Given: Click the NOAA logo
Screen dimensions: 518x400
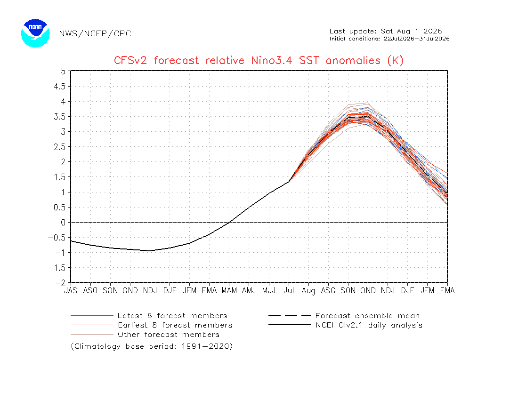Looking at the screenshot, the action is [x=35, y=33].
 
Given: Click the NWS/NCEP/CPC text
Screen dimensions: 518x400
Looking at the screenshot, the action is [x=95, y=34].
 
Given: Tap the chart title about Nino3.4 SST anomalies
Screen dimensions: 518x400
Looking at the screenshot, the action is [x=259, y=61].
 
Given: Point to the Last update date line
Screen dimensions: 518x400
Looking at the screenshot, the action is [x=386, y=32].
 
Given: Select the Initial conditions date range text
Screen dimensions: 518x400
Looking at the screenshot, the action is [x=389, y=39].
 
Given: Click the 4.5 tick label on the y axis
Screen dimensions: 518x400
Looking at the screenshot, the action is [x=59, y=87].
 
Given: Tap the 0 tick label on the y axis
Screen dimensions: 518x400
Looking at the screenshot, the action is [x=63, y=223].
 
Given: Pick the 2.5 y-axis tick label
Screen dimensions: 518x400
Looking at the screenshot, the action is [x=59, y=147].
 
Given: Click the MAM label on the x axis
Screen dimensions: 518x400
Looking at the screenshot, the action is [x=229, y=290].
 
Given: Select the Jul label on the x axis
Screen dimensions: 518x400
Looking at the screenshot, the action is [x=289, y=290].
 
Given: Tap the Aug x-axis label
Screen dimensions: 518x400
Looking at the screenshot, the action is [x=308, y=291].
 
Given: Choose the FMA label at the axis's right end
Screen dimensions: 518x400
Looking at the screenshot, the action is [x=447, y=290].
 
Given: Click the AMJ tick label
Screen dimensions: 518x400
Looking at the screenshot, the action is [x=249, y=290].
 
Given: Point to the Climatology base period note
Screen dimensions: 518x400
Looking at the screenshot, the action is [x=152, y=346].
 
